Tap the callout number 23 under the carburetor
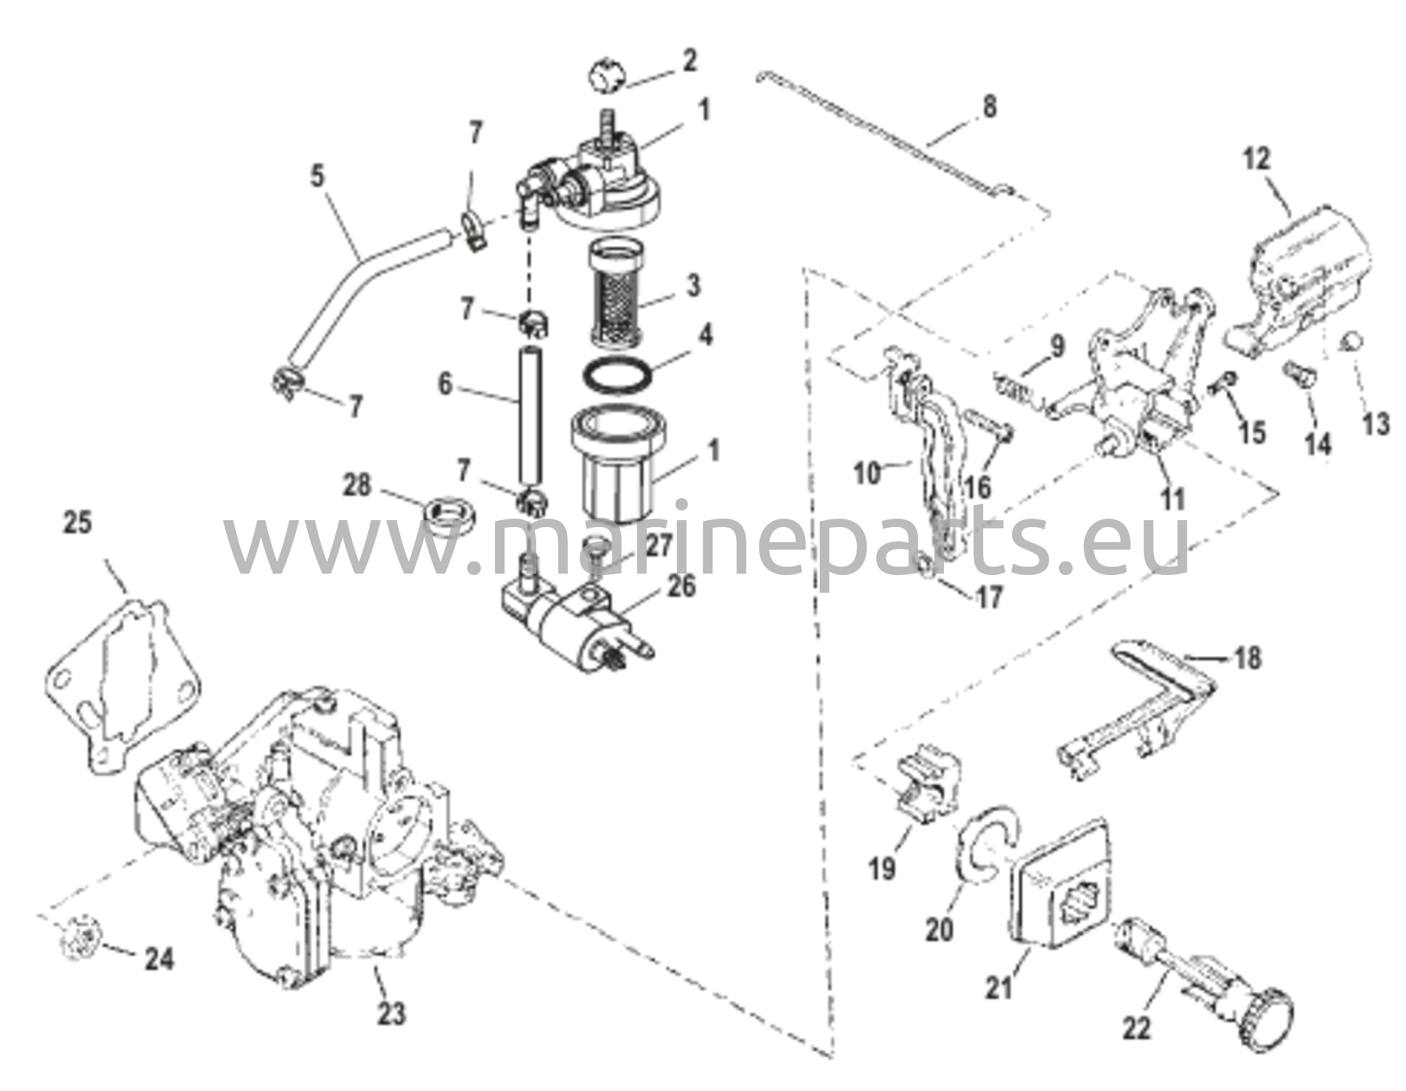pyautogui.click(x=391, y=1013)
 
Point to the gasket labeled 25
pyautogui.click(x=110, y=679)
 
